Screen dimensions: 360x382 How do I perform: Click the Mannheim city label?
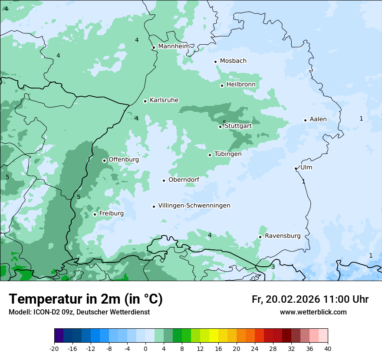tap(174, 46)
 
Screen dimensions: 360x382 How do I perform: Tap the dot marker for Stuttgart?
tap(220, 127)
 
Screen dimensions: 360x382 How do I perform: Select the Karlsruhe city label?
tap(164, 100)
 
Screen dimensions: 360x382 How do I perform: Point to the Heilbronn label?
tap(241, 85)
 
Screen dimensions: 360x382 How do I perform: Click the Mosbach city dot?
tap(215, 62)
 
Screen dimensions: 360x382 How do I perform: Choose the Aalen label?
tap(318, 119)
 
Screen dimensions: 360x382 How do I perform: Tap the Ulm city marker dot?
tap(296, 168)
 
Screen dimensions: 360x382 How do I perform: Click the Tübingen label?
tap(228, 154)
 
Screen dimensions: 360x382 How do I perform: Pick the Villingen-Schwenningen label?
tap(194, 206)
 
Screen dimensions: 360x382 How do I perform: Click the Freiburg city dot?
tap(95, 214)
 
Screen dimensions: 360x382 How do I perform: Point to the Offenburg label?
tap(124, 160)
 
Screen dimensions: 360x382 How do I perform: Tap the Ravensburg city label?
tap(283, 236)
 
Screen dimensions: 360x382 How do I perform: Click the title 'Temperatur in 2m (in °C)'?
tap(86, 299)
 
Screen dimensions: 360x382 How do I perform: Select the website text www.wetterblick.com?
tap(313, 312)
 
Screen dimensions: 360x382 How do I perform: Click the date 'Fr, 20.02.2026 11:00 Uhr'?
tap(310, 299)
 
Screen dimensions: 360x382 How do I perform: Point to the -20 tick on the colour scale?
tap(54, 348)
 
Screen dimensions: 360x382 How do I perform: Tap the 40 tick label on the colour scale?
tap(328, 348)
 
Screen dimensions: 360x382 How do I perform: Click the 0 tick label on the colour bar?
tap(145, 348)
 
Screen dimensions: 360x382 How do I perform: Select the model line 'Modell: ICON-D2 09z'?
tap(79, 312)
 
